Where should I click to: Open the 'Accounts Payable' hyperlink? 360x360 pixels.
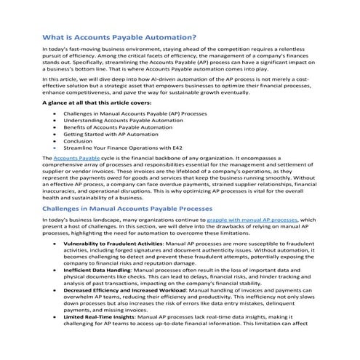[x=76, y=158]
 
